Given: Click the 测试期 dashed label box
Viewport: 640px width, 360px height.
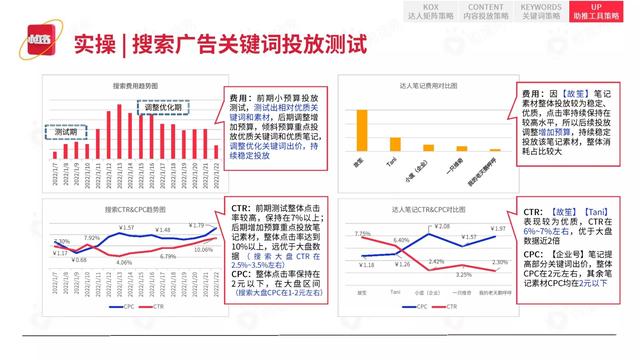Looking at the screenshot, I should pos(67,132).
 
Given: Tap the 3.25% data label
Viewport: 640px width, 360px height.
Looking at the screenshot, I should pos(463,273).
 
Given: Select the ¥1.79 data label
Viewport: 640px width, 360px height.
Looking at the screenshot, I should pos(197,225).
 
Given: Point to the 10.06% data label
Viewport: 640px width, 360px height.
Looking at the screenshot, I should pos(202,249).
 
